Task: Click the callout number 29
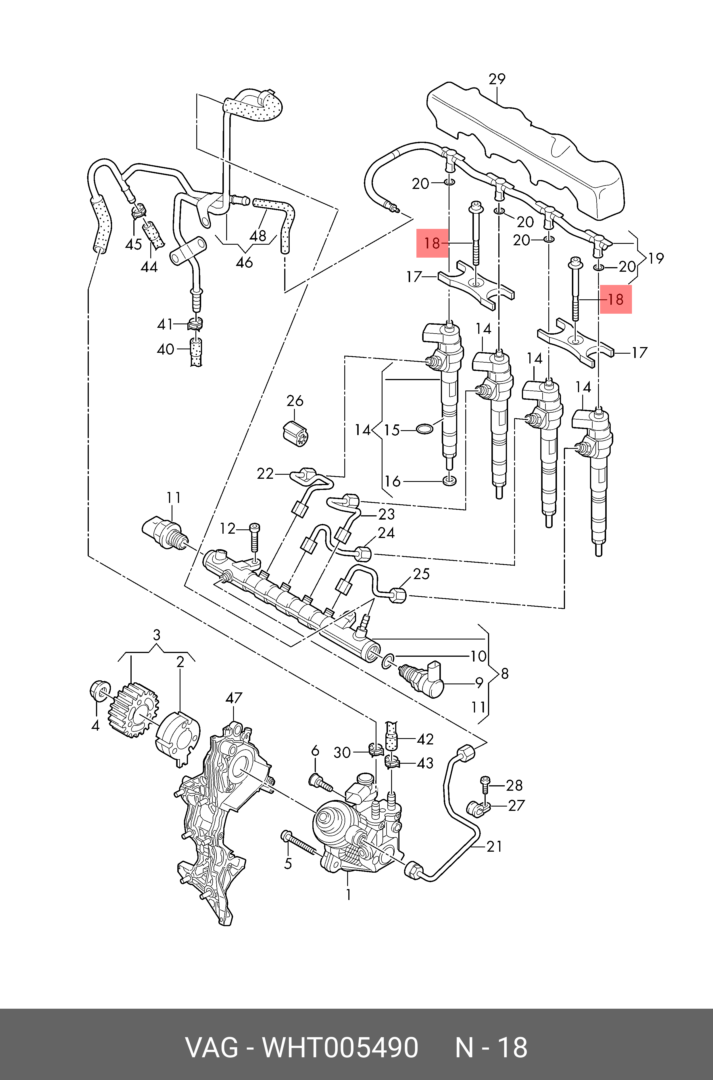(x=497, y=79)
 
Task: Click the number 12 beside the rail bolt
(x=227, y=528)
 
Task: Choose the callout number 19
(x=656, y=258)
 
